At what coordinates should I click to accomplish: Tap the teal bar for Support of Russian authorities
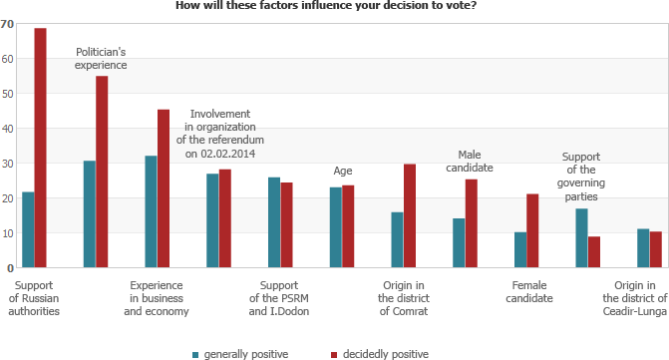pos(28,229)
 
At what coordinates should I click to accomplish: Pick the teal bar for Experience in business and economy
pos(151,211)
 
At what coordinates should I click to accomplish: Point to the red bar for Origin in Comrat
pos(410,215)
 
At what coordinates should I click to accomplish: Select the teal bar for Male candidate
pos(459,242)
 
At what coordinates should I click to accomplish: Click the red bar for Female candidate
pos(532,230)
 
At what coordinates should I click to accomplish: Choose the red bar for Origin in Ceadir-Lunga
pos(655,249)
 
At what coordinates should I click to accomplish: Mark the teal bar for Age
pos(335,227)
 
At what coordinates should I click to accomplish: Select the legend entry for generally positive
pos(238,353)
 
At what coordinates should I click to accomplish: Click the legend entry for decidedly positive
pos(378,353)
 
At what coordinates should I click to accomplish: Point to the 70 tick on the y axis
pos(8,24)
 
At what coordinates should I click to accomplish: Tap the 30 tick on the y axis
pos(8,164)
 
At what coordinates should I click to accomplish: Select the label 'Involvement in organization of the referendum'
pos(219,134)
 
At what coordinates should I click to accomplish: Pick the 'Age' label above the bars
pos(342,170)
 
